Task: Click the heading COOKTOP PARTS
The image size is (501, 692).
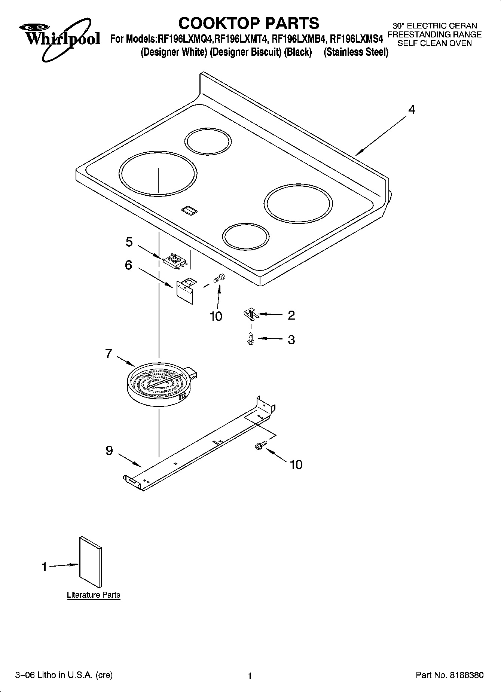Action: coord(248,23)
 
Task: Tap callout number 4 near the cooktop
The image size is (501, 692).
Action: coord(412,110)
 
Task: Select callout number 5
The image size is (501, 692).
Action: coord(129,242)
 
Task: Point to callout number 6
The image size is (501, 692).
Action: coord(128,265)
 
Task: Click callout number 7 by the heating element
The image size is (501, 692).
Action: coord(109,354)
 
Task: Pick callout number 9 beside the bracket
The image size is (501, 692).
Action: coord(109,450)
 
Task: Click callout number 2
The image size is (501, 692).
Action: coord(291,315)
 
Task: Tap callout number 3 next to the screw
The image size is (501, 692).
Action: coord(291,339)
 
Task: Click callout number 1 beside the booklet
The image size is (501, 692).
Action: coord(44,567)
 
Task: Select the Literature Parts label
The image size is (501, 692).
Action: coord(94,595)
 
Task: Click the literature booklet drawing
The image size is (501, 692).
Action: coord(90,562)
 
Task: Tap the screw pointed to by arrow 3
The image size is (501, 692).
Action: coord(251,339)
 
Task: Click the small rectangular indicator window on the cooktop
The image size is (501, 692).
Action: coord(190,211)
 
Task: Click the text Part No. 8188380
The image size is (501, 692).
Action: coord(449,675)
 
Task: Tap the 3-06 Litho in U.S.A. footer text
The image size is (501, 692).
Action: coord(64,675)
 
